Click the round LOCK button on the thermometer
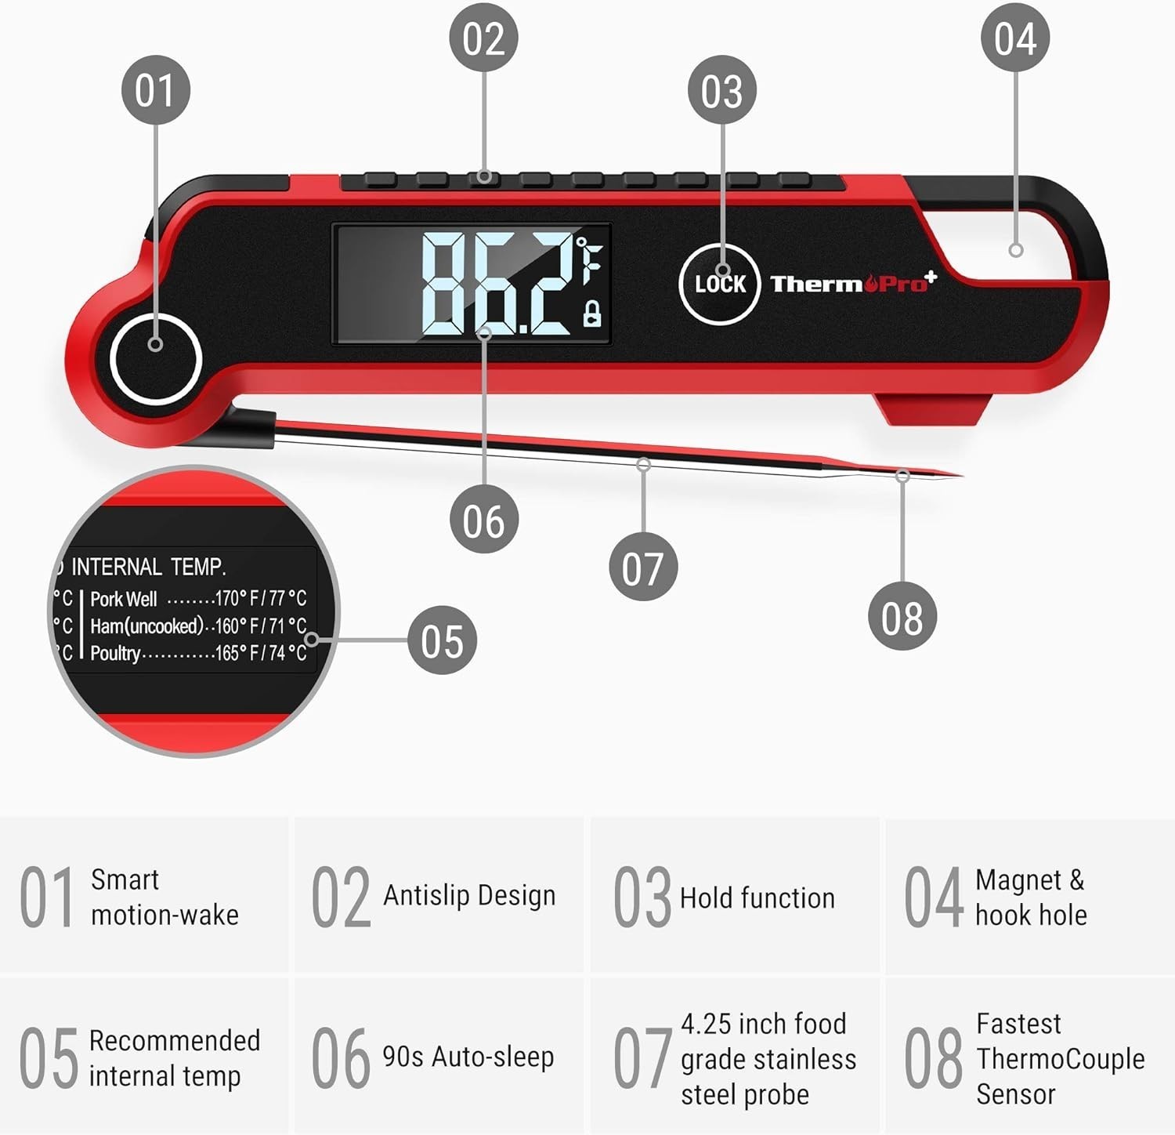[719, 284]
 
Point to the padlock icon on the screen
[592, 313]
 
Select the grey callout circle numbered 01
[156, 89]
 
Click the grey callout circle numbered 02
[483, 38]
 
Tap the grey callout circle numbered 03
[721, 90]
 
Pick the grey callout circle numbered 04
[1015, 38]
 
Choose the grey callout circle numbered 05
[443, 640]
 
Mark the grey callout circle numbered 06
[484, 520]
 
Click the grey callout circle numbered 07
[643, 567]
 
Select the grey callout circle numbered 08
[902, 616]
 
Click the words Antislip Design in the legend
[469, 895]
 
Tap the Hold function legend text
[757, 897]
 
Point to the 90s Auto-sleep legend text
[468, 1057]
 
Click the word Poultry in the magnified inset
[115, 654]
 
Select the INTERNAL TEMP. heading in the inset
[149, 567]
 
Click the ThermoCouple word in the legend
[1061, 1059]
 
